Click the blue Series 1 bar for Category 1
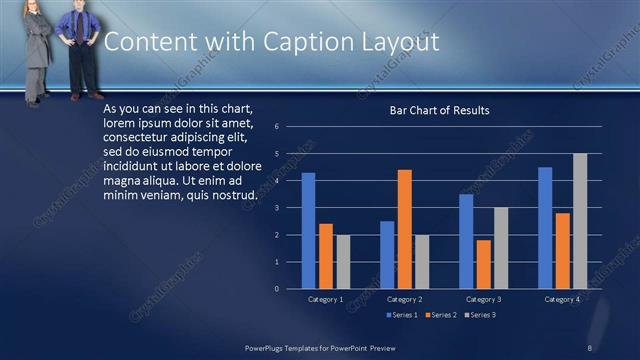308,231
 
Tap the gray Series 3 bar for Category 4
579,221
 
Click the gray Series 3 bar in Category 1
343,262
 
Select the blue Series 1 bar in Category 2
387,255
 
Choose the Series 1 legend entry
402,315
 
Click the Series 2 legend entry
441,315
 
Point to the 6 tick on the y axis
289,127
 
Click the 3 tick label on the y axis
289,208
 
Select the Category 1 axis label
325,299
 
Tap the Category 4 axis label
562,299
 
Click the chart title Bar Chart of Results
439,110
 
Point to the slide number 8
589,347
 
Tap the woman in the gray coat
37,50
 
